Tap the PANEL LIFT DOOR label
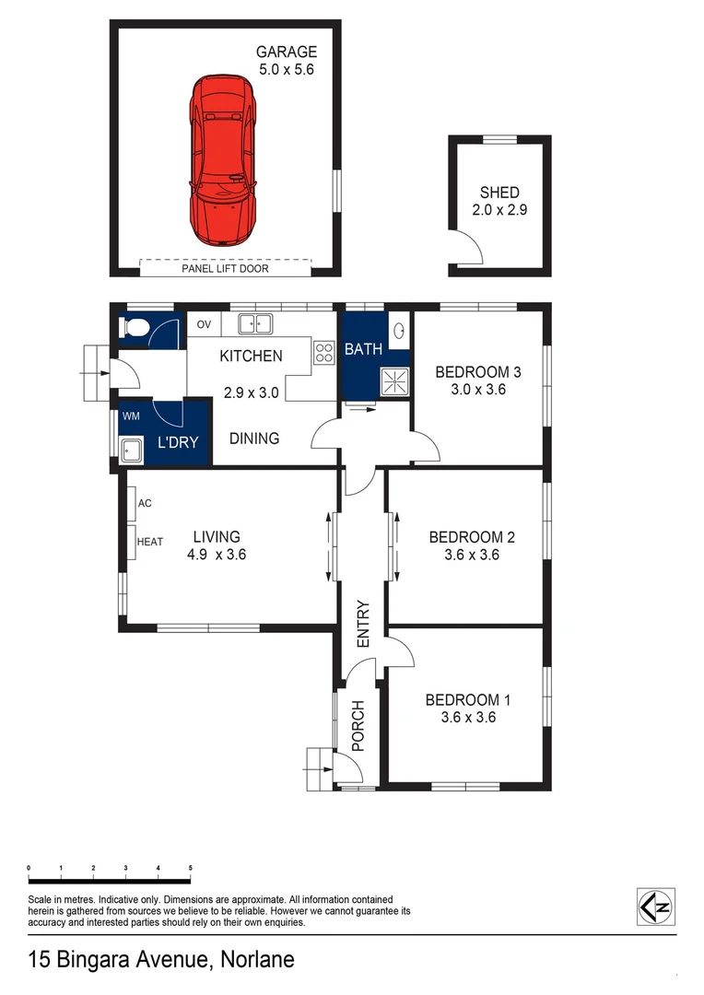[x=225, y=269]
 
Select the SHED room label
[x=499, y=193]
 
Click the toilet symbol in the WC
[x=135, y=328]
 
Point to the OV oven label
[x=205, y=324]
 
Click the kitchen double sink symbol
[x=254, y=323]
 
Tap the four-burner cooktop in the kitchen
[x=324, y=352]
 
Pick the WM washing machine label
[x=132, y=416]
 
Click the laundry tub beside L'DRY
[x=132, y=451]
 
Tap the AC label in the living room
[x=145, y=504]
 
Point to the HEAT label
[x=150, y=542]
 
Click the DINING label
[x=254, y=439]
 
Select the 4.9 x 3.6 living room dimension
[x=217, y=555]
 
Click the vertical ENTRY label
[x=362, y=624]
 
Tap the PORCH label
[x=358, y=727]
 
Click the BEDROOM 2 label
[x=472, y=537]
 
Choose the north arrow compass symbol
[x=656, y=906]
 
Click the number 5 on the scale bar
[x=190, y=868]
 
